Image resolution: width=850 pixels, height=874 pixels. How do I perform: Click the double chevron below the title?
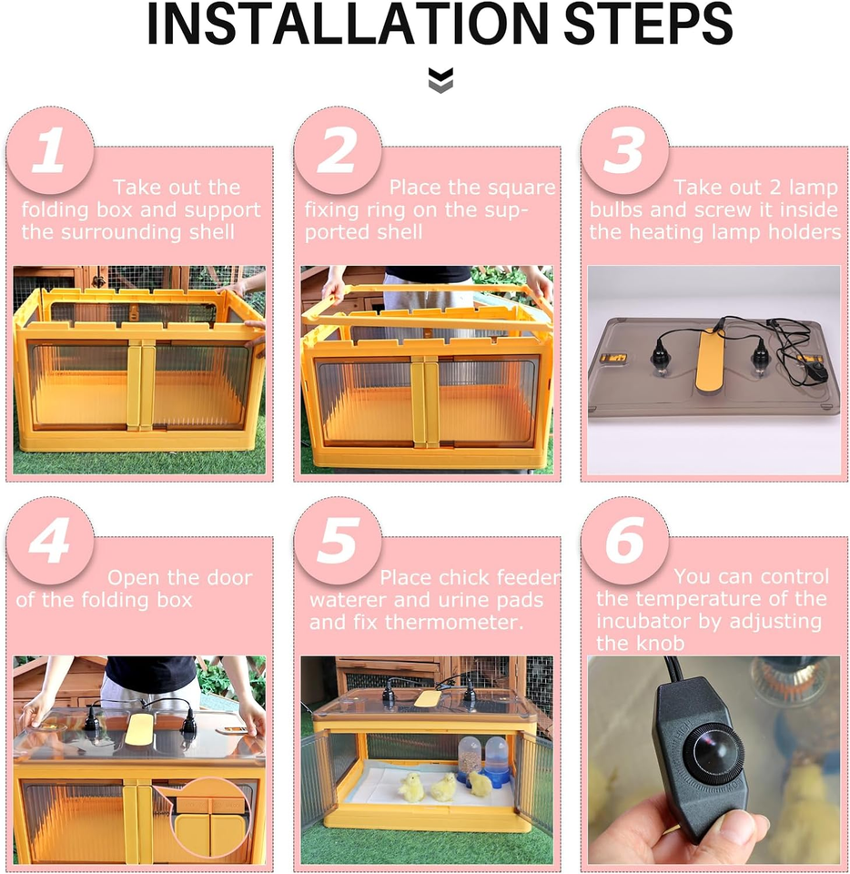click(440, 80)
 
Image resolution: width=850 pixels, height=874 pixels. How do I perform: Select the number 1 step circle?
click(50, 151)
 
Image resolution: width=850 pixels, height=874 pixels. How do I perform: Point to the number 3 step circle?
click(625, 151)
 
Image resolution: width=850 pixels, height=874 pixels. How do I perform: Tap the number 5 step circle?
click(338, 541)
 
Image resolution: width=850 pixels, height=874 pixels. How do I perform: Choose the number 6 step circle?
click(625, 541)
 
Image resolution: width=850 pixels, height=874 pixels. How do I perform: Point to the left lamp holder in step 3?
click(656, 354)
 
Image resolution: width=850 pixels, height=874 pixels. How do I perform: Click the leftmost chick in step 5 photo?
click(412, 787)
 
